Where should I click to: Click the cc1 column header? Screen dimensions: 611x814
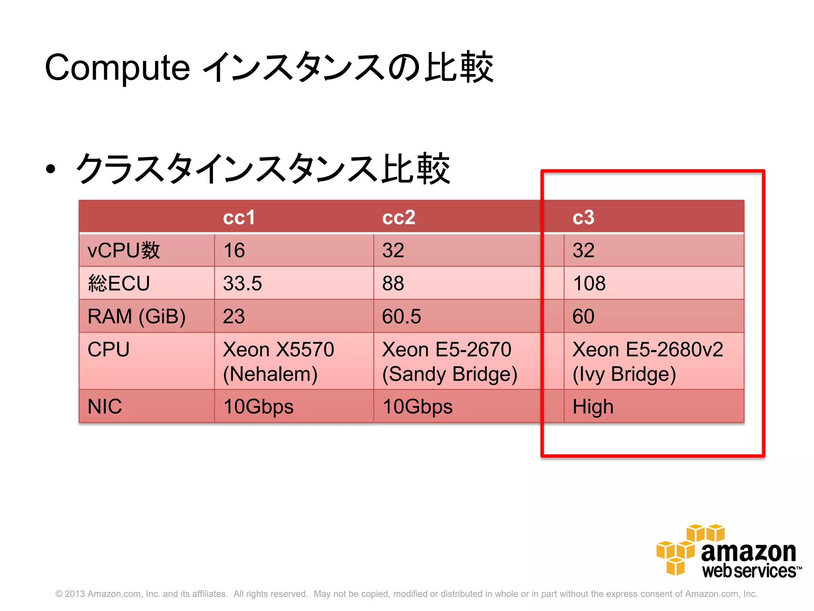click(239, 217)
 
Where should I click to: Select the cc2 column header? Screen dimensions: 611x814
click(399, 217)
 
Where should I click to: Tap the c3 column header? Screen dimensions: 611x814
click(583, 217)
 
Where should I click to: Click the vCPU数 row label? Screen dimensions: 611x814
click(124, 251)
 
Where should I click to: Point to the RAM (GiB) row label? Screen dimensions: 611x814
click(136, 317)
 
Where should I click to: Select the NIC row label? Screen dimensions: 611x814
click(105, 407)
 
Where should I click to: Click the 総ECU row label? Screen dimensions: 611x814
click(119, 284)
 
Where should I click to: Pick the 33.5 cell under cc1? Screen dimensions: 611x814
click(242, 284)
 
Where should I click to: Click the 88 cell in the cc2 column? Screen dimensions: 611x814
click(393, 284)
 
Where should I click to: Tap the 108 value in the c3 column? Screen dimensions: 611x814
click(589, 284)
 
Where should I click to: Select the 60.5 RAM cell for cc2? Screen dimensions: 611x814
click(401, 317)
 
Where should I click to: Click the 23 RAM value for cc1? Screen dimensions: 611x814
click(234, 317)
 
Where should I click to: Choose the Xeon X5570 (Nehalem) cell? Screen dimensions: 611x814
click(278, 361)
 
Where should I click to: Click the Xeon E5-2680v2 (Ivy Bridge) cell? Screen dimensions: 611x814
click(647, 361)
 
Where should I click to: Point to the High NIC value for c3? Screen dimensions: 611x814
click(593, 407)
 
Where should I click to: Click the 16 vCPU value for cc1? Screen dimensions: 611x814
click(234, 251)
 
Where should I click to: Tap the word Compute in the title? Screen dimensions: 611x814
click(117, 68)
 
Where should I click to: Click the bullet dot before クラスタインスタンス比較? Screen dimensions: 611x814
click(50, 169)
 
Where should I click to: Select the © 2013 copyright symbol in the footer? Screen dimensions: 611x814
click(59, 594)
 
